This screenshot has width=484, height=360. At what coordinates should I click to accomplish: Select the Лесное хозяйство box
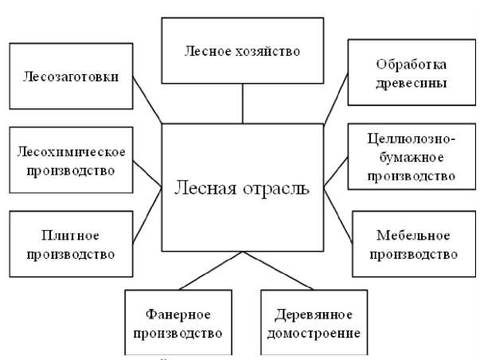(243, 51)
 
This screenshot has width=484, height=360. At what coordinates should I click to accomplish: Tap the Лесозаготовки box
(71, 77)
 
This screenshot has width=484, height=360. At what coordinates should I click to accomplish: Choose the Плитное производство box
(71, 245)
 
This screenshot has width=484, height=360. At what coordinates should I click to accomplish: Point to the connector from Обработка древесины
(337, 98)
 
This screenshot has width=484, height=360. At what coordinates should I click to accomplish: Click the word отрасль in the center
(278, 190)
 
